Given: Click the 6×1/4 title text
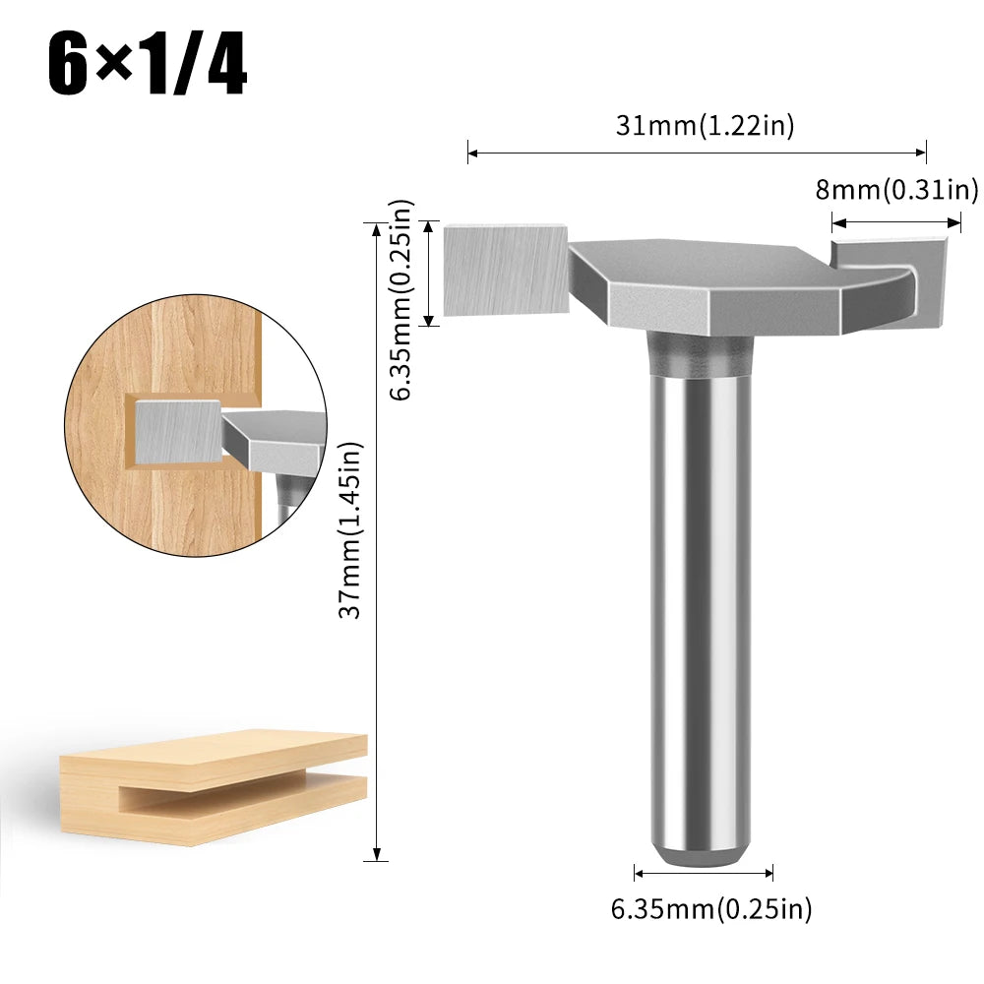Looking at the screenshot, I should click(148, 67).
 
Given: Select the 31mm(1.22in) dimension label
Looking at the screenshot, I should click(705, 125).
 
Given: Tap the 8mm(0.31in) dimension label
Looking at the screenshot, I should click(896, 189).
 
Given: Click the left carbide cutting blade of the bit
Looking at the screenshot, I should click(504, 269).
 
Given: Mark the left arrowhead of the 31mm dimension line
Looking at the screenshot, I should click(471, 153).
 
